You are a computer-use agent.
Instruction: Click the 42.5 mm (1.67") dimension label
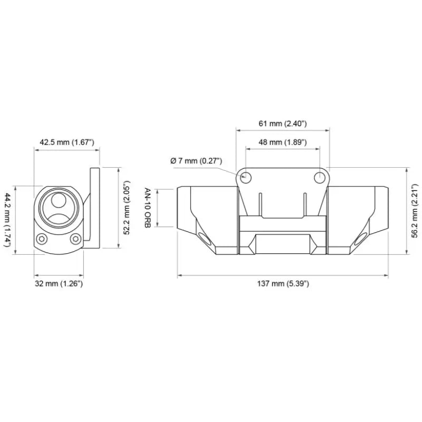pos(66,142)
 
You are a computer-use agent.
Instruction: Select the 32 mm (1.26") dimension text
pos(59,284)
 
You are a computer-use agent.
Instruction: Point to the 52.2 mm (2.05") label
pos(127,208)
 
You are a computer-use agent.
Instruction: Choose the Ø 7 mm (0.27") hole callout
pos(196,161)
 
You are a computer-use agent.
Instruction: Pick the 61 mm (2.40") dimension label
pos(283,123)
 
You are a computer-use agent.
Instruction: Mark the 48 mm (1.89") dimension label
pos(283,142)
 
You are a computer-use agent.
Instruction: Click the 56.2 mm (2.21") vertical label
pos(415,211)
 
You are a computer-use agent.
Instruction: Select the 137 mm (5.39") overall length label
pos(283,284)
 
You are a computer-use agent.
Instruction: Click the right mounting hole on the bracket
pos(320,178)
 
